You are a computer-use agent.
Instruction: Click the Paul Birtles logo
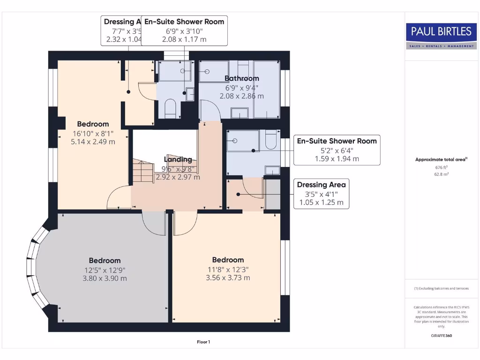(x=441, y=36)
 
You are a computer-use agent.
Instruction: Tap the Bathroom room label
(x=241, y=78)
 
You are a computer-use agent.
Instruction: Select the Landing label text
(x=178, y=159)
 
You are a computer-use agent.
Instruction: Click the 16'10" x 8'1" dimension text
(x=93, y=133)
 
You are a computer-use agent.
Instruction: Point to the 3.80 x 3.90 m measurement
(x=105, y=278)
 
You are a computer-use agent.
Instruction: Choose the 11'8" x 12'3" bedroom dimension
(x=228, y=269)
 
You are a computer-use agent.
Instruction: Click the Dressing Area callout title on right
(x=321, y=185)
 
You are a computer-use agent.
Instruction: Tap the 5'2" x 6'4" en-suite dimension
(x=337, y=150)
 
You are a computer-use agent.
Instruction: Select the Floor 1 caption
(x=203, y=342)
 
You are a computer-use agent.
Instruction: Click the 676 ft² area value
(x=441, y=167)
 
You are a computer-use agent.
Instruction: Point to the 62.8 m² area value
(x=441, y=174)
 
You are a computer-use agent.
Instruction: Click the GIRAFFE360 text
(x=441, y=336)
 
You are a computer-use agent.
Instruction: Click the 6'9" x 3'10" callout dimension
(x=184, y=31)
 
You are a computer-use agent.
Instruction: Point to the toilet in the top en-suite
(x=170, y=108)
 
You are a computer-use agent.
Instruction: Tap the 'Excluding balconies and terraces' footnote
(x=441, y=288)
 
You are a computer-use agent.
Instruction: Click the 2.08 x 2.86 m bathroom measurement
(x=241, y=96)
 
